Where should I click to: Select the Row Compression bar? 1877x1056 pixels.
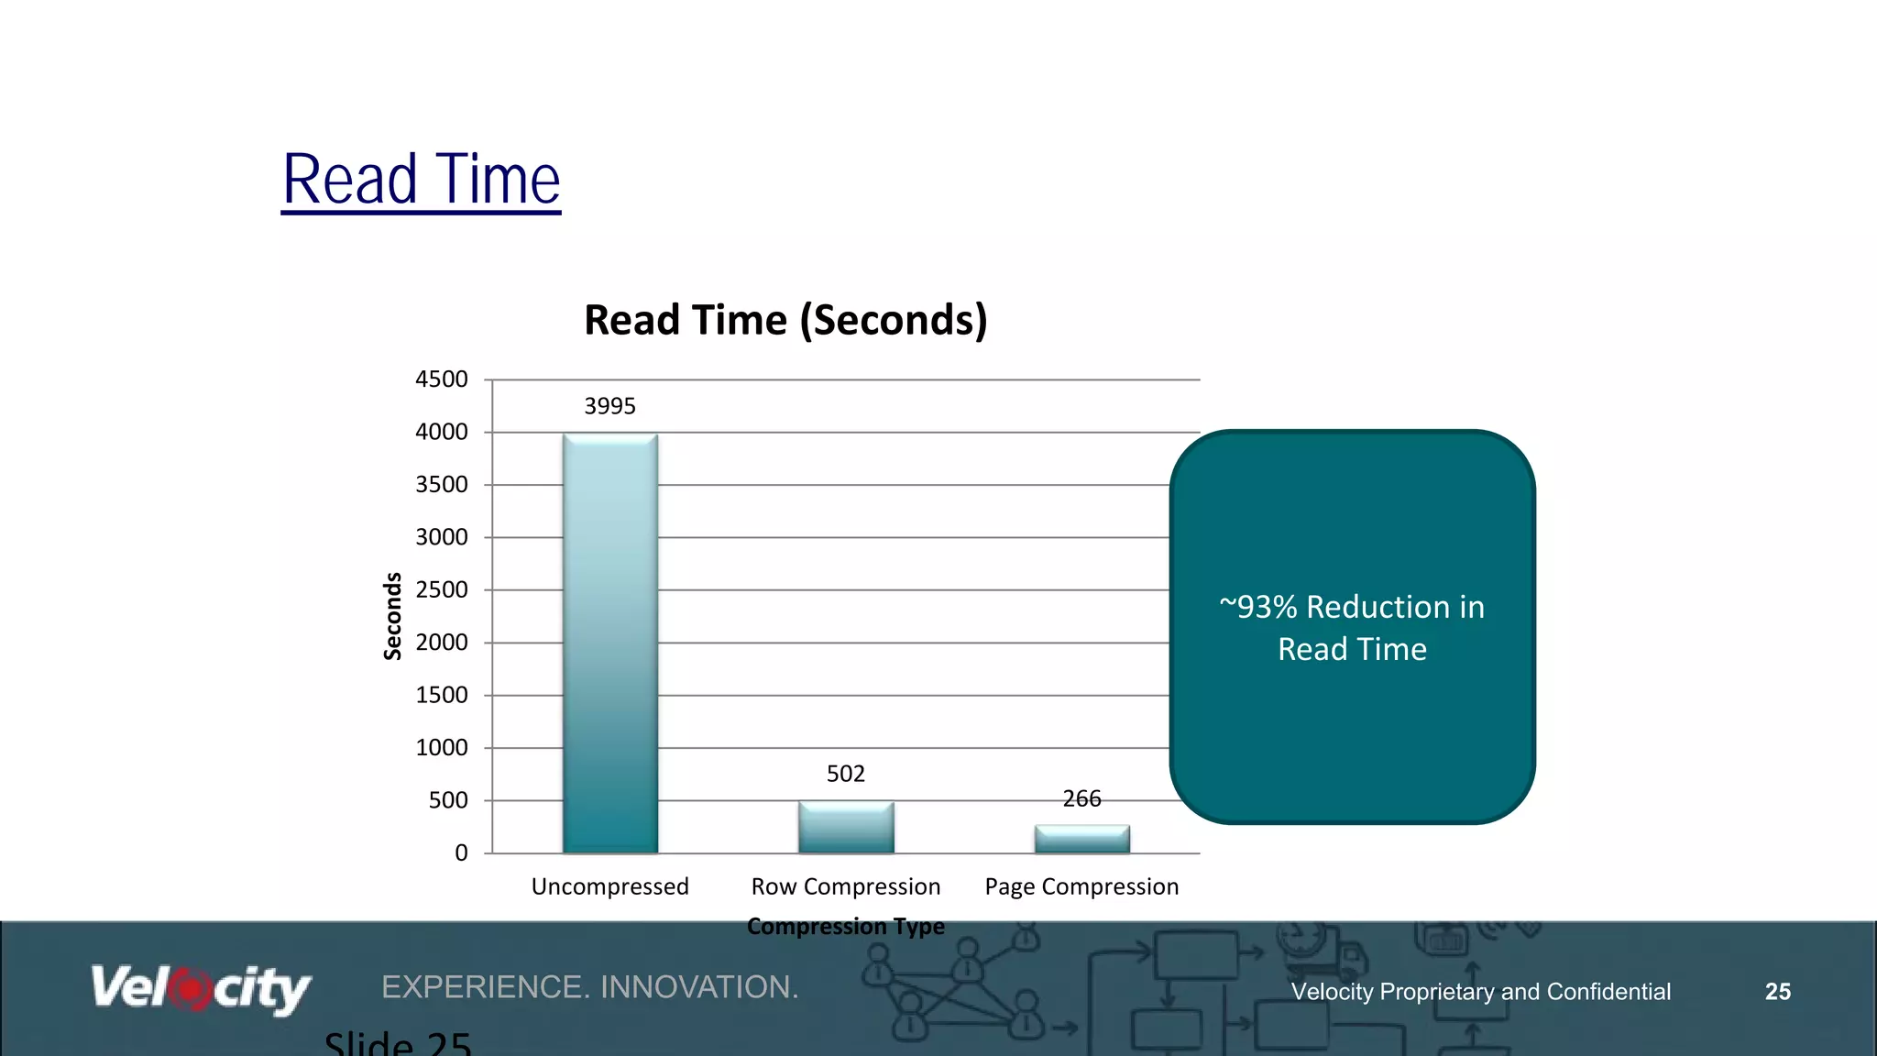coord(846,828)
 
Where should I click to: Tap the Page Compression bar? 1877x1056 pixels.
coord(1082,839)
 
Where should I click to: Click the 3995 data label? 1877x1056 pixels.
coord(610,406)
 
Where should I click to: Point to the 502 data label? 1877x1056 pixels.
coord(846,774)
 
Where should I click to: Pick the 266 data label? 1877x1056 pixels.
coord(1082,798)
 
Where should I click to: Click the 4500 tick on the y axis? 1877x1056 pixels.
coord(442,379)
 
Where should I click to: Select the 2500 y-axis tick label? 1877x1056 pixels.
coord(442,589)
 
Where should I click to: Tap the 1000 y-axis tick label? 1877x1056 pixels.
coord(442,748)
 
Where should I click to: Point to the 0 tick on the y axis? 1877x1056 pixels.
coord(461,853)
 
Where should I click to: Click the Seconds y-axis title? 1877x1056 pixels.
coord(392,616)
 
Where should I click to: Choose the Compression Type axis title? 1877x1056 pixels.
coord(846,926)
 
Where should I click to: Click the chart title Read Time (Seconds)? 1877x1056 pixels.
coord(785,320)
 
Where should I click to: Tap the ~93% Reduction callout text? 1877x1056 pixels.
coord(1352,628)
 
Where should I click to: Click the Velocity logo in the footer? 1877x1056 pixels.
coord(201,988)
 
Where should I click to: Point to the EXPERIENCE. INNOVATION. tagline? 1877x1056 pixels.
coord(590,987)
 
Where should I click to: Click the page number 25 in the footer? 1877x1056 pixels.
coord(1778,992)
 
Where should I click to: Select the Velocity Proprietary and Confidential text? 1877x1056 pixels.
coord(1481,992)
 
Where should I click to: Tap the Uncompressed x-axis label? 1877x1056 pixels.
coord(610,886)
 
